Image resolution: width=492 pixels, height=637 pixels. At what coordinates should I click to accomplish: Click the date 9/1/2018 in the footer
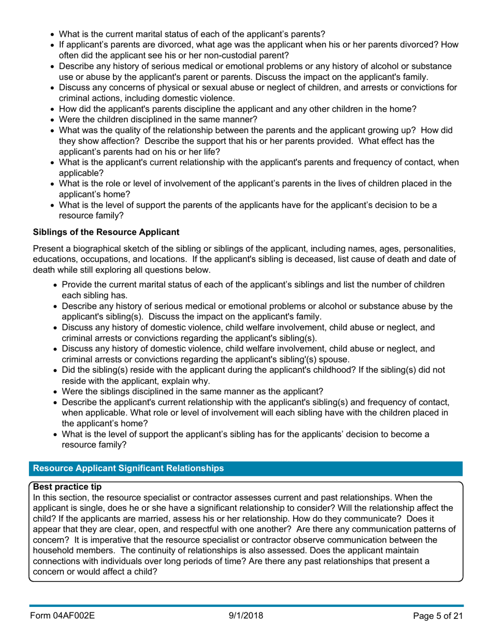pos(246,616)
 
